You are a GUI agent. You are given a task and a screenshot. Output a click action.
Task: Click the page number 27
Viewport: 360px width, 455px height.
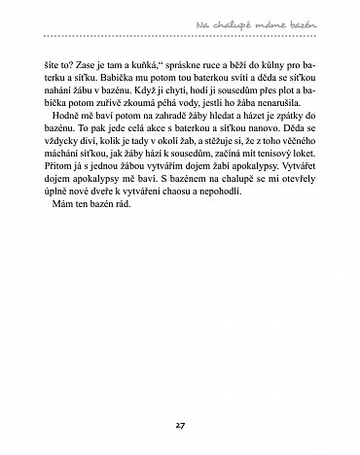[180, 425]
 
